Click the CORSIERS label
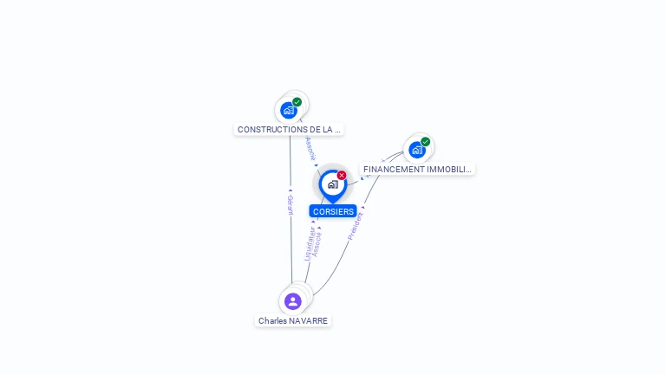[333, 211]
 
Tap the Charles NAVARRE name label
[293, 320]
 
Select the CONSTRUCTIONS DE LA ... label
[288, 129]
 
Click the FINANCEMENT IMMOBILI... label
[417, 169]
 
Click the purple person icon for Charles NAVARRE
[293, 301]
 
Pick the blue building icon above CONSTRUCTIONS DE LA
[289, 110]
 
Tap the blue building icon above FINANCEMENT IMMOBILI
[417, 150]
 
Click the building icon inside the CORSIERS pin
[332, 184]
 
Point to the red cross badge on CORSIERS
[342, 175]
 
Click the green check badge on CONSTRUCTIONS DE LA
[297, 102]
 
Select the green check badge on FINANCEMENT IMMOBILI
[426, 142]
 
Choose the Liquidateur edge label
[309, 243]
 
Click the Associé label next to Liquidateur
[317, 243]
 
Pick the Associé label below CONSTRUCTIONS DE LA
[310, 148]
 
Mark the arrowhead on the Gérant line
[291, 190]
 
